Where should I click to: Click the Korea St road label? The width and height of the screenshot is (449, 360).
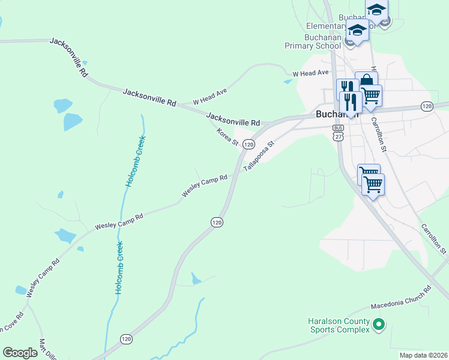pos(228,137)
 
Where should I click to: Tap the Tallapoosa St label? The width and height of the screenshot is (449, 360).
pos(259,156)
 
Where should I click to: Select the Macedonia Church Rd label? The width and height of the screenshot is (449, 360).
pos(401,298)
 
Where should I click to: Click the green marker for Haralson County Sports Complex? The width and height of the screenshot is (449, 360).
pos(378,325)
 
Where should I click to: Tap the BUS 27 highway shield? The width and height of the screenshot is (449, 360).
pos(339,133)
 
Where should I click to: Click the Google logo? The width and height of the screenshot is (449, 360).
pos(20,353)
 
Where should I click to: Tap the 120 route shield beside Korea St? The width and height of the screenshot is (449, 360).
pos(249,145)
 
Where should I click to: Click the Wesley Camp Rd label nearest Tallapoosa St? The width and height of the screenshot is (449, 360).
pos(205,186)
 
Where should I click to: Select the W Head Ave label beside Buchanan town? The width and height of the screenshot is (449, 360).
pos(310,73)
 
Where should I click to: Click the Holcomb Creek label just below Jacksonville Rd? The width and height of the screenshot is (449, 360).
pos(136,161)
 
